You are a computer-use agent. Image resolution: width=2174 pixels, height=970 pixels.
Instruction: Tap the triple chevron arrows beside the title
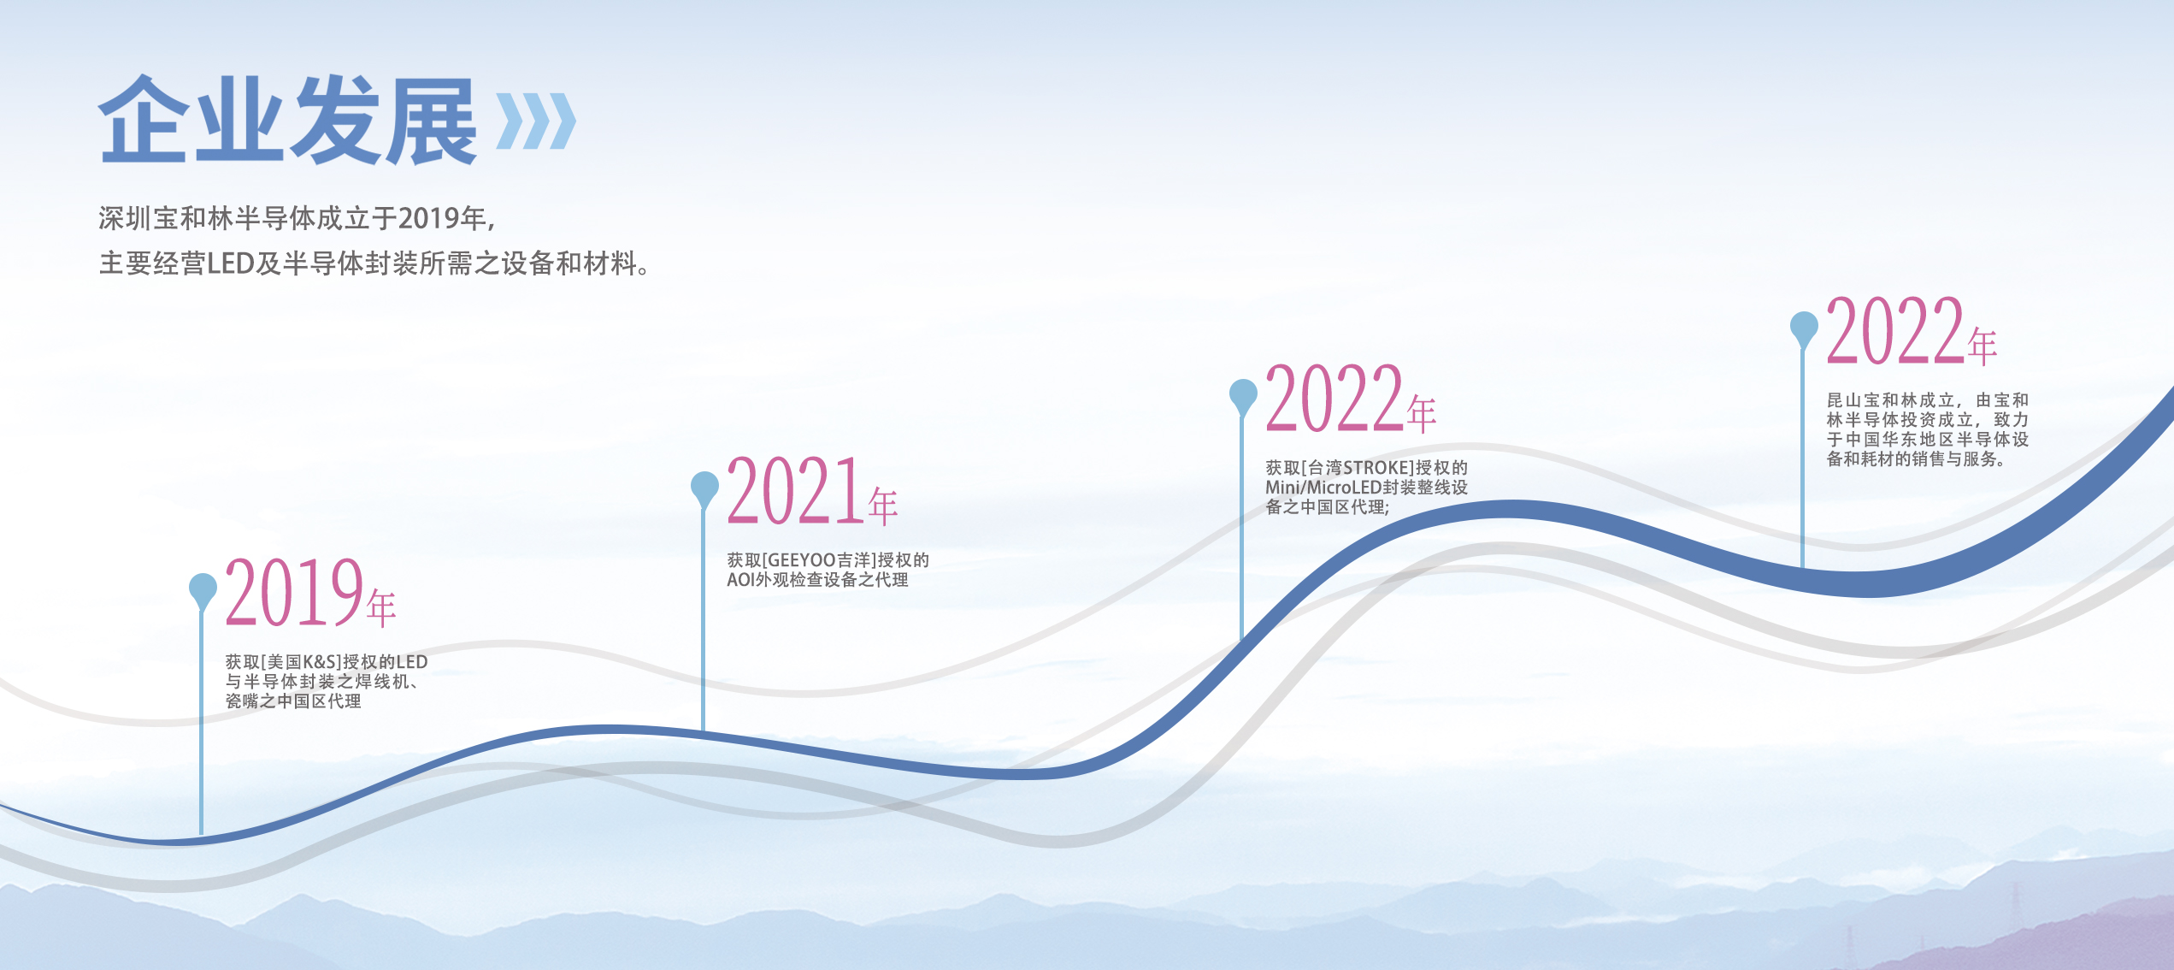click(x=536, y=121)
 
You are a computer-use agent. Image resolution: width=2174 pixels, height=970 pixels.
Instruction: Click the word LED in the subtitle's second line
click(x=231, y=263)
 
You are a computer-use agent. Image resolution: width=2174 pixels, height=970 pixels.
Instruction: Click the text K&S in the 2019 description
click(x=319, y=662)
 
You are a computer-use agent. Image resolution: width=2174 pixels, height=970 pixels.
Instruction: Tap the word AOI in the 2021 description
click(x=740, y=580)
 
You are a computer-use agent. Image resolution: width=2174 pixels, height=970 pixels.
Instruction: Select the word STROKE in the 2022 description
click(x=1376, y=468)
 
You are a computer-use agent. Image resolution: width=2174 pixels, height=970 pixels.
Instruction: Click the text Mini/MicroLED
click(x=1324, y=488)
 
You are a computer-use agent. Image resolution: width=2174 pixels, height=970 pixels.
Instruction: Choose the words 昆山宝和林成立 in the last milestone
click(x=1891, y=400)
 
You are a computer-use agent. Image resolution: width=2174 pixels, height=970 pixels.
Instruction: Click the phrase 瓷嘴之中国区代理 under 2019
click(x=293, y=701)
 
